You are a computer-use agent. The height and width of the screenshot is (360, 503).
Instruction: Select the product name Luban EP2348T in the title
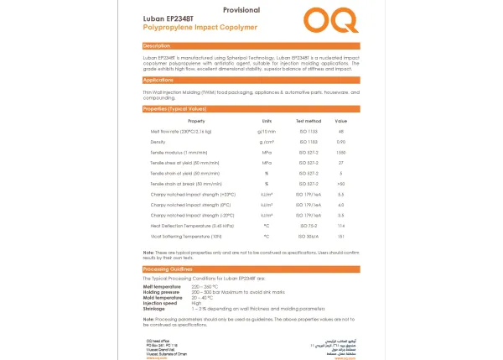click(169, 19)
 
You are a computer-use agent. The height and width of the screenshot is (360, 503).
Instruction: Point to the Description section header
click(158, 45)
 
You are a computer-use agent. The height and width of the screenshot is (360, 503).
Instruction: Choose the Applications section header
click(159, 80)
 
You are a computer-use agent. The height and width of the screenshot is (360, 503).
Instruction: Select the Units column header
click(267, 122)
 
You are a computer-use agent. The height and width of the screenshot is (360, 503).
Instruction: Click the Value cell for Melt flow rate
click(341, 132)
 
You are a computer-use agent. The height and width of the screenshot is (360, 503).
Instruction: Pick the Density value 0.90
click(341, 142)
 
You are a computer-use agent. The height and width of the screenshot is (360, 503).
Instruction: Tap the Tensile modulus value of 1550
click(341, 152)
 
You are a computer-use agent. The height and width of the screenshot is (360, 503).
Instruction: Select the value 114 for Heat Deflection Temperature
click(341, 225)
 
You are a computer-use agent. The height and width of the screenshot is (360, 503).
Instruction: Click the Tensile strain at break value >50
click(341, 183)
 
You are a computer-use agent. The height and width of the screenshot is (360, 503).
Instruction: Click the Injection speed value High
click(196, 303)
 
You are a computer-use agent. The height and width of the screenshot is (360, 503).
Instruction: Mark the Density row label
click(158, 142)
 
